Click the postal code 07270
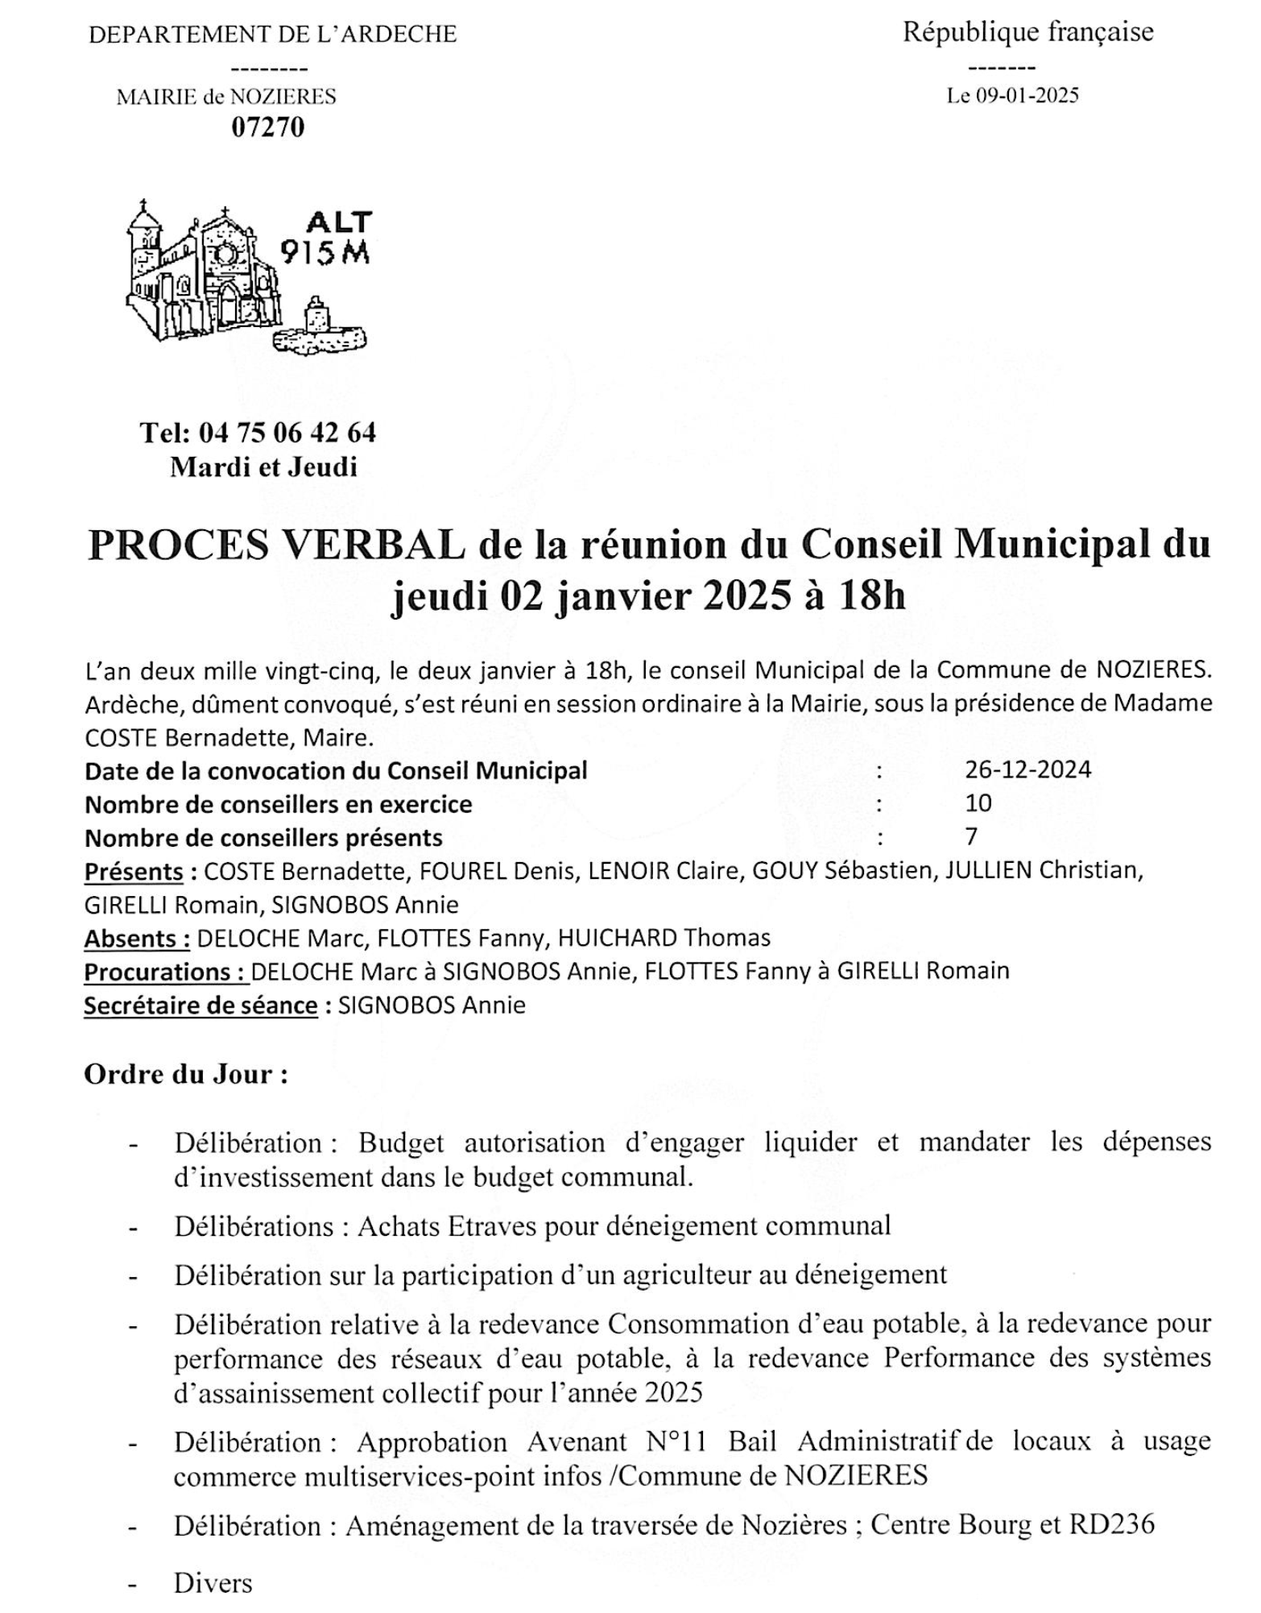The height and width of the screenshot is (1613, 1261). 268,127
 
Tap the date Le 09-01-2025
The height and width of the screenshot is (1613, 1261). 1012,96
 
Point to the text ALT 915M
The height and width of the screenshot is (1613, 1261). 327,238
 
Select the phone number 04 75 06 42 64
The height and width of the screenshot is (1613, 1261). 287,433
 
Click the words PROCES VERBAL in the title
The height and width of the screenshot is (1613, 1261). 276,545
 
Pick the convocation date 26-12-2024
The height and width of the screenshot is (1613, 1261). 1028,769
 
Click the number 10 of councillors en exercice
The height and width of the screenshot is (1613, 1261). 978,803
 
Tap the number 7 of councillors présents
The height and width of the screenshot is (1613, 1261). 971,837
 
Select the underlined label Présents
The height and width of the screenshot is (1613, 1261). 134,872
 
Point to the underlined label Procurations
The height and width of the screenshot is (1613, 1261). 165,972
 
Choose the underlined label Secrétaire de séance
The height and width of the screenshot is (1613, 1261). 201,1006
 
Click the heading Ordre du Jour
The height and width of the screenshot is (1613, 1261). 186,1075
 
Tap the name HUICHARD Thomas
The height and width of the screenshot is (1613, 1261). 664,939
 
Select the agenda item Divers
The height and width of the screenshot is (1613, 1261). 213,1582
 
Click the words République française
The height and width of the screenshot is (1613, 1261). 1028,32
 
